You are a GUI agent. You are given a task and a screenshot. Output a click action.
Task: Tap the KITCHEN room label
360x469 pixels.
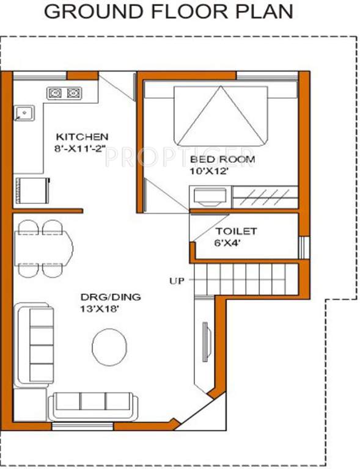[82, 136]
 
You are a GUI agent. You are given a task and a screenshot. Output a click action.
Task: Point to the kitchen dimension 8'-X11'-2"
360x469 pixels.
[82, 148]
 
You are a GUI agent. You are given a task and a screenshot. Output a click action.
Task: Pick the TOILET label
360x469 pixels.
[236, 232]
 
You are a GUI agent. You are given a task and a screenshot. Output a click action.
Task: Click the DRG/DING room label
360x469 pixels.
[111, 297]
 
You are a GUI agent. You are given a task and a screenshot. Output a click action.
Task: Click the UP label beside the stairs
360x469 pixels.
[177, 282]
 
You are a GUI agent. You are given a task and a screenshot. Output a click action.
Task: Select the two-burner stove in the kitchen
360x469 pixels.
[65, 93]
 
